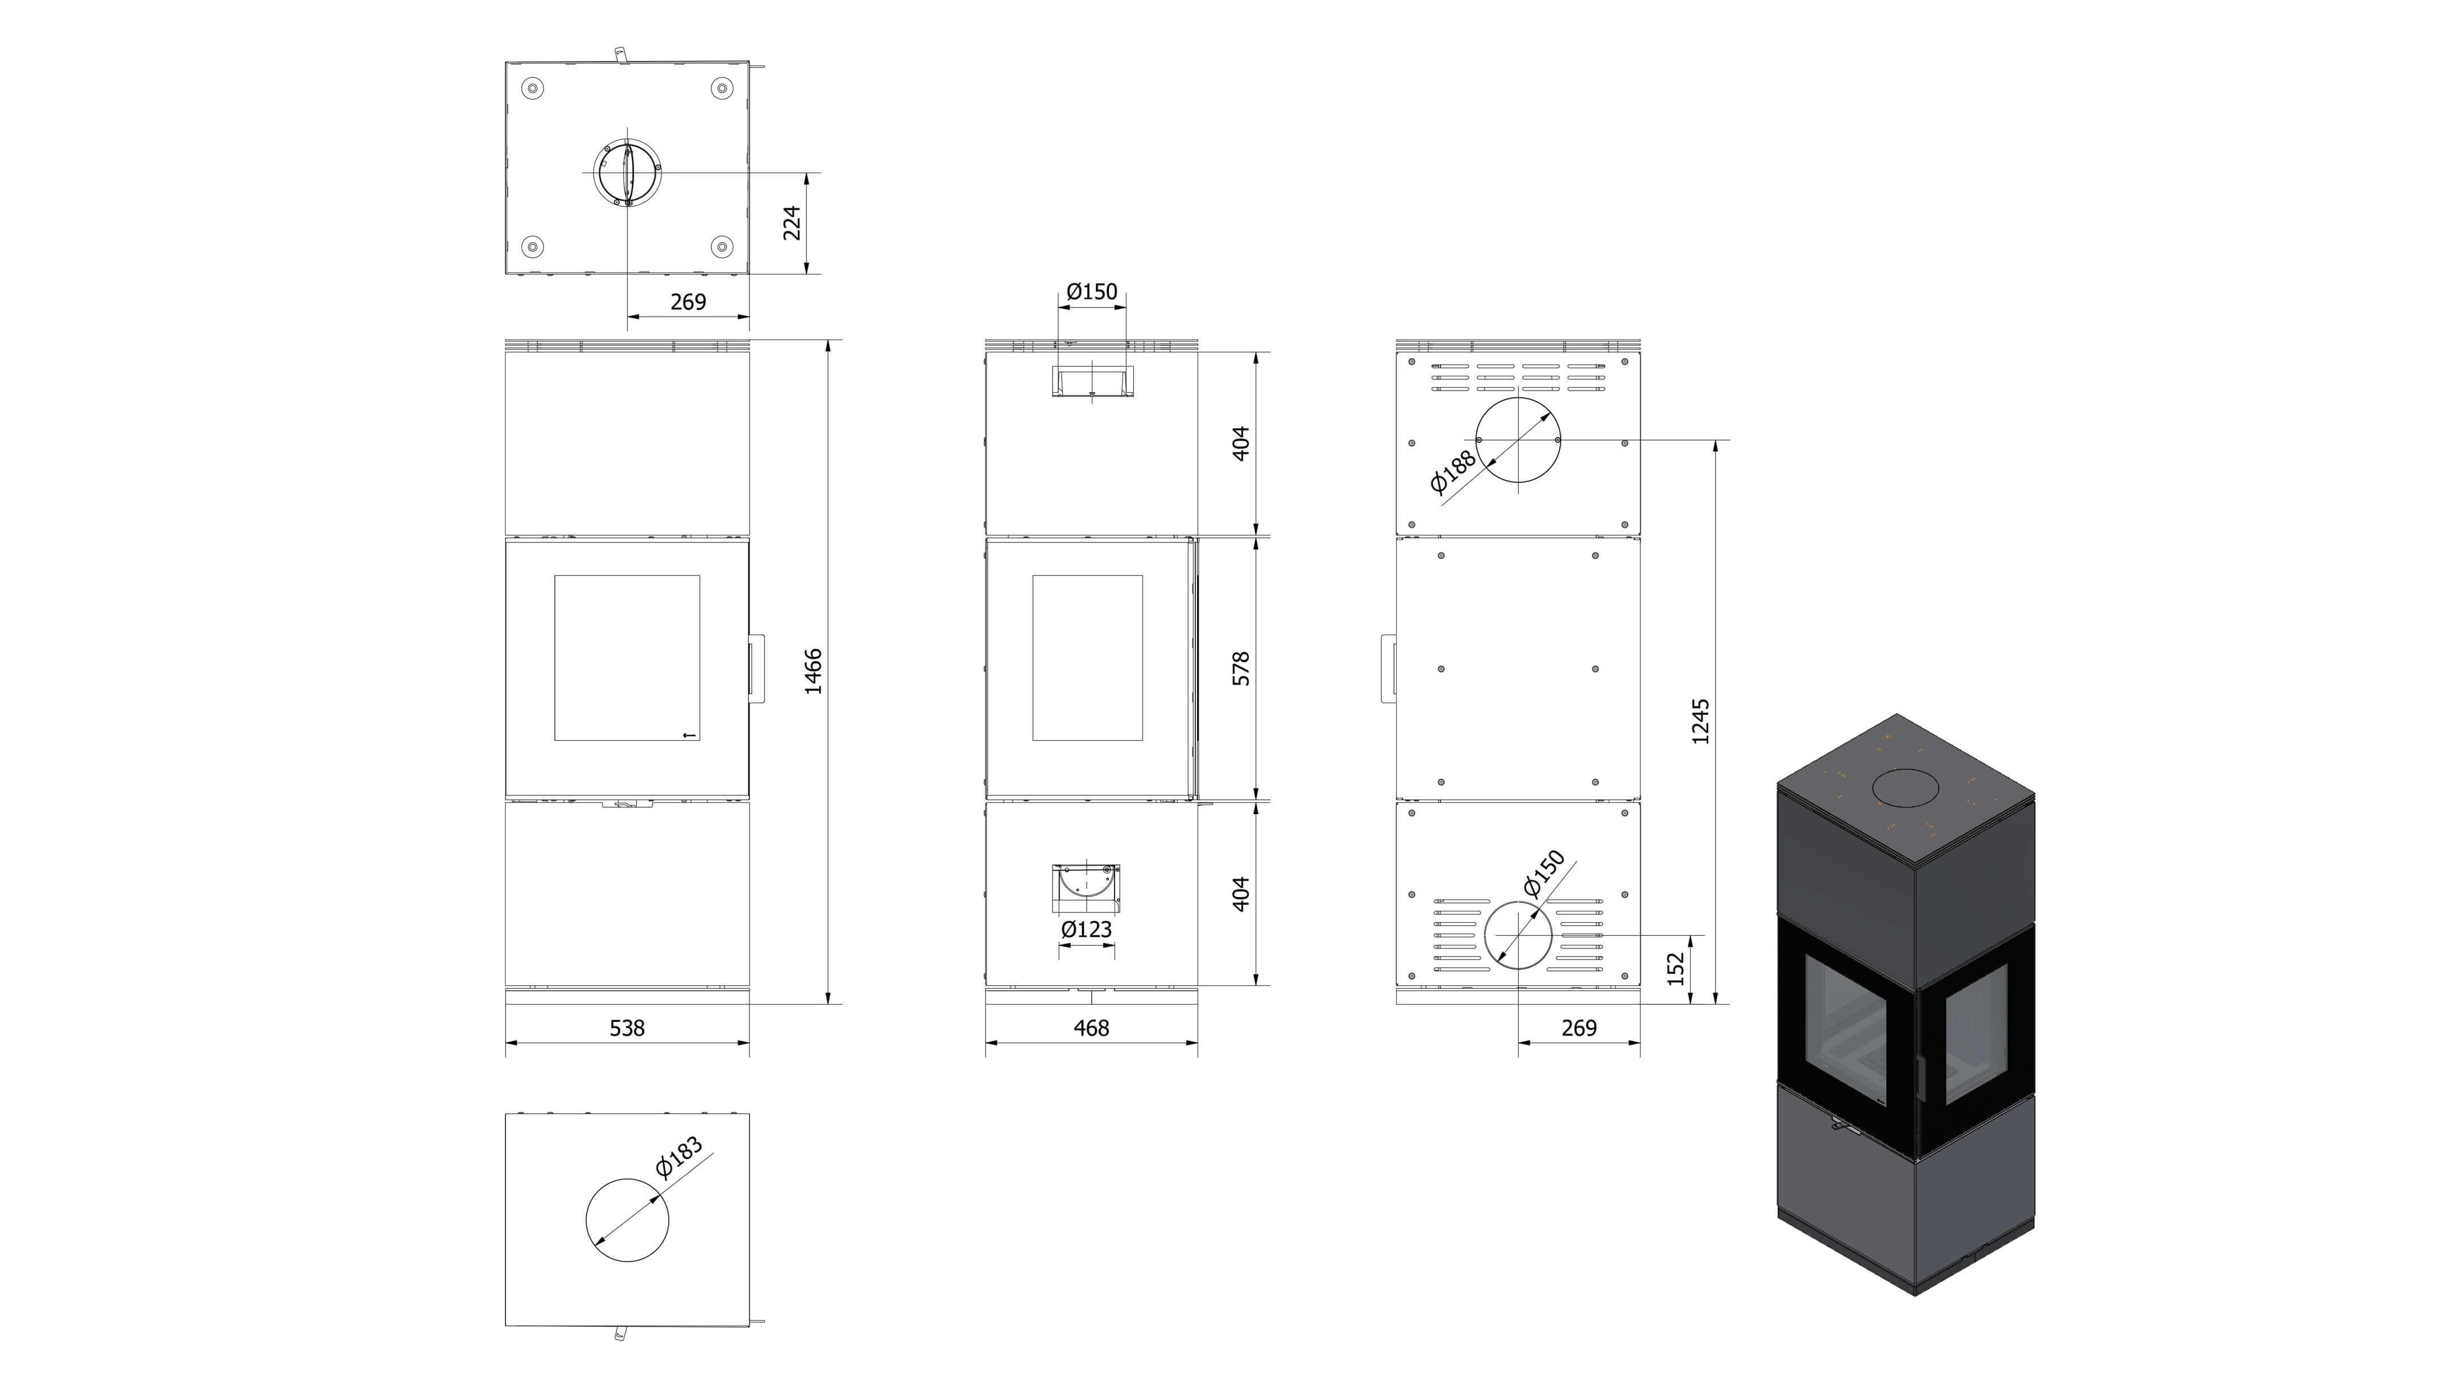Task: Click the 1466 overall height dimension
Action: (813, 672)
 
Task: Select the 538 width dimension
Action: (627, 1027)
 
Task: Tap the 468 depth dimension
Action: (1092, 1027)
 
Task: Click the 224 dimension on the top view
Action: (792, 223)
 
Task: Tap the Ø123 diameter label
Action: (1087, 929)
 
